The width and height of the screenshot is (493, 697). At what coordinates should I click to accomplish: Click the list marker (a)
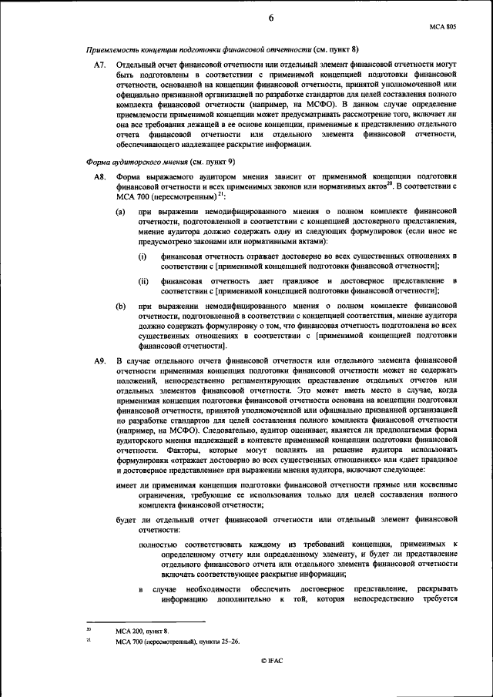click(x=122, y=211)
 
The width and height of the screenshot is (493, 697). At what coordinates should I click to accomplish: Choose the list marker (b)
click(x=122, y=305)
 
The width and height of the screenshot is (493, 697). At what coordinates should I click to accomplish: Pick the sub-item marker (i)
click(x=143, y=256)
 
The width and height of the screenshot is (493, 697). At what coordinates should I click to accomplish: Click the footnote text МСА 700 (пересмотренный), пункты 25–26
click(x=177, y=641)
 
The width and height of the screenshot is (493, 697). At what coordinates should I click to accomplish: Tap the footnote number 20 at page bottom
click(x=89, y=630)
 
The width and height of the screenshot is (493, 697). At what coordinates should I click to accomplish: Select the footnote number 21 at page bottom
click(x=89, y=639)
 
